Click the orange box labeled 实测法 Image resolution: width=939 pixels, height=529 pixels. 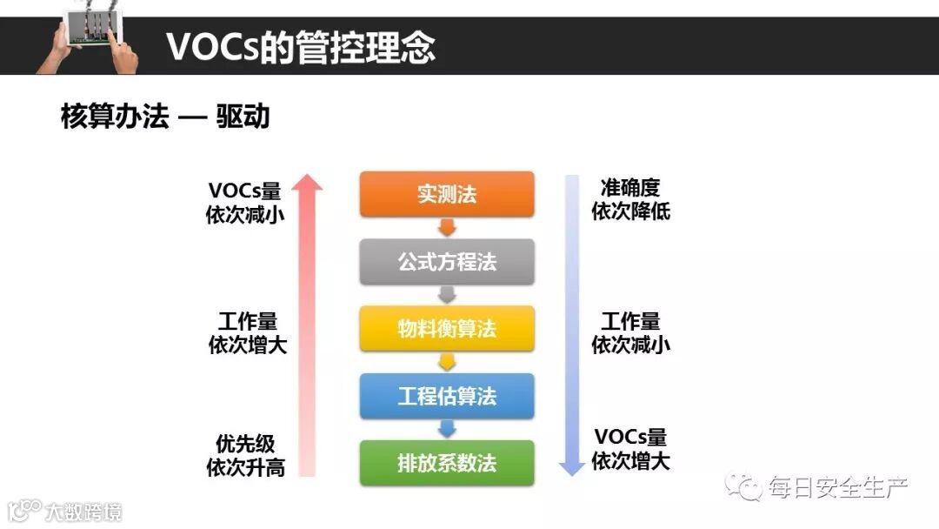(447, 194)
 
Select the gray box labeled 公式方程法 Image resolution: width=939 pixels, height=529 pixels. (447, 261)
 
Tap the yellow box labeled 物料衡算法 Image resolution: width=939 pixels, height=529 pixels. (447, 328)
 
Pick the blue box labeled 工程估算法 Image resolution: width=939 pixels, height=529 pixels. (447, 396)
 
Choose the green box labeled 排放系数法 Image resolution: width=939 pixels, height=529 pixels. (447, 463)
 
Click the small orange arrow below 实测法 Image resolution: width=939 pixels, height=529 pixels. (447, 228)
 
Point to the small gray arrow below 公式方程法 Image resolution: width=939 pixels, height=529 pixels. (447, 295)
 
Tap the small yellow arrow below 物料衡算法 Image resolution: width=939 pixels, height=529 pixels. (447, 362)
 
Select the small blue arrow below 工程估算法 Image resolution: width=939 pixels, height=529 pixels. (447, 429)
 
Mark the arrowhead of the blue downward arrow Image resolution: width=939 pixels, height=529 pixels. (571, 467)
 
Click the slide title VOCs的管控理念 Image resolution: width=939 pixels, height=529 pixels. (300, 47)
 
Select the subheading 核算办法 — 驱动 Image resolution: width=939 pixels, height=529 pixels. (165, 117)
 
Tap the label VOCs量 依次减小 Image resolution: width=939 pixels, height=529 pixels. (245, 203)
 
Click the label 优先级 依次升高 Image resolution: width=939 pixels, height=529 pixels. (246, 455)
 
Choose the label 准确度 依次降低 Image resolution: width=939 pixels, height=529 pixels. (630, 199)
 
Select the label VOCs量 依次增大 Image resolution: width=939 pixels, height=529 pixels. (630, 449)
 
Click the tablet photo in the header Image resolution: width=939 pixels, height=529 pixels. (87, 39)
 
